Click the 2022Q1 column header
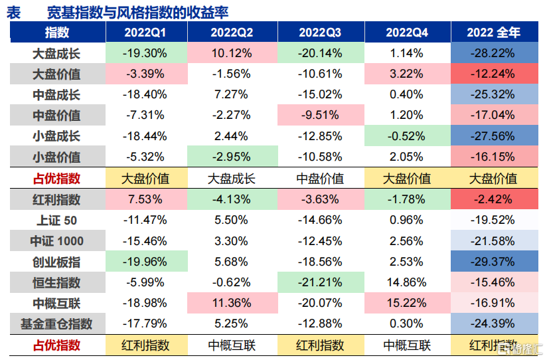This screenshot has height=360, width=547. (x=145, y=33)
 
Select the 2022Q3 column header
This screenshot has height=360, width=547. (x=319, y=33)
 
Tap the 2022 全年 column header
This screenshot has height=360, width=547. (x=493, y=33)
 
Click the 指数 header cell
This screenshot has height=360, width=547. (x=57, y=33)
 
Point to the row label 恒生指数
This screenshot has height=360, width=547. (x=56, y=282)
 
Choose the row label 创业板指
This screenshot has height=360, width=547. (x=56, y=262)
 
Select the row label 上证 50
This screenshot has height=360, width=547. (x=56, y=221)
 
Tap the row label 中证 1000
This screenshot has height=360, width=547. (x=56, y=241)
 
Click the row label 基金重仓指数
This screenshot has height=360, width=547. (x=56, y=323)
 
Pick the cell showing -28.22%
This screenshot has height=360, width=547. (x=495, y=53)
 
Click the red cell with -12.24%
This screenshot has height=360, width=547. (x=495, y=74)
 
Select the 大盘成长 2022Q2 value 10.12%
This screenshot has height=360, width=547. (x=232, y=53)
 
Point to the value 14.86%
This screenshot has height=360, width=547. (x=407, y=282)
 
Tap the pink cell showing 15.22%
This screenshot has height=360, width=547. (x=408, y=303)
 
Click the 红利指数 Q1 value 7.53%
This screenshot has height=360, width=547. (x=145, y=199)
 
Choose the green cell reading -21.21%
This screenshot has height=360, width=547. (x=321, y=282)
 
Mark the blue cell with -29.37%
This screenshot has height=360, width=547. (x=495, y=262)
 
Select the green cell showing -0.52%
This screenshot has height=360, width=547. (x=408, y=135)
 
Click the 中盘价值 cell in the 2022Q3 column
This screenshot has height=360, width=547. (x=320, y=179)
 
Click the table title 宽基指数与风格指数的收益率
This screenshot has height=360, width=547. (x=138, y=13)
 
